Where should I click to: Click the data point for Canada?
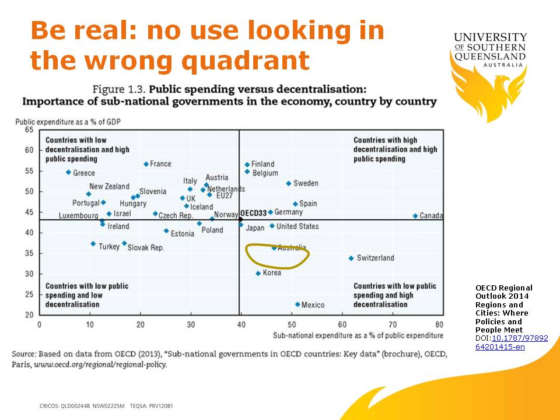point(415,216)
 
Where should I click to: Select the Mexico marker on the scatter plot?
point(297,304)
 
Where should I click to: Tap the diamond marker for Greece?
point(68,172)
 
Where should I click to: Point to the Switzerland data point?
point(351,258)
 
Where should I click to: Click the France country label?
point(160,164)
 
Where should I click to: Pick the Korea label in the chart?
point(272,273)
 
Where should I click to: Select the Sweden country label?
point(306,183)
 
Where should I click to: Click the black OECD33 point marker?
point(240,219)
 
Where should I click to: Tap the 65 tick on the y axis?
point(29,129)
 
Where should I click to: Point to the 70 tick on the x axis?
point(393,324)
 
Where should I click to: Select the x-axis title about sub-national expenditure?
point(358,335)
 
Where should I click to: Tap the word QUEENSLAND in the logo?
point(490,57)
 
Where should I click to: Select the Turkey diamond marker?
point(93,243)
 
